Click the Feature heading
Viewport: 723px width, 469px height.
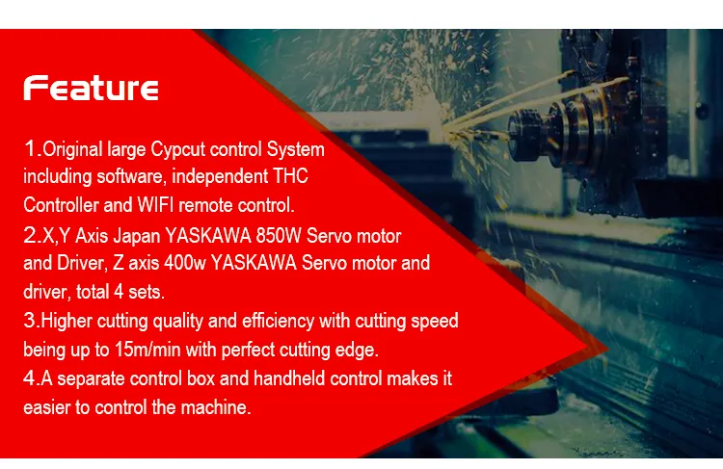tap(92, 89)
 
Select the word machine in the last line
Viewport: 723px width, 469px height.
tap(219, 406)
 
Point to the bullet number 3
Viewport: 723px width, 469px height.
tap(29, 321)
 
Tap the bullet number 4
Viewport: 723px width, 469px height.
tap(29, 378)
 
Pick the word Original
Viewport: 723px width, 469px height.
tap(72, 151)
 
